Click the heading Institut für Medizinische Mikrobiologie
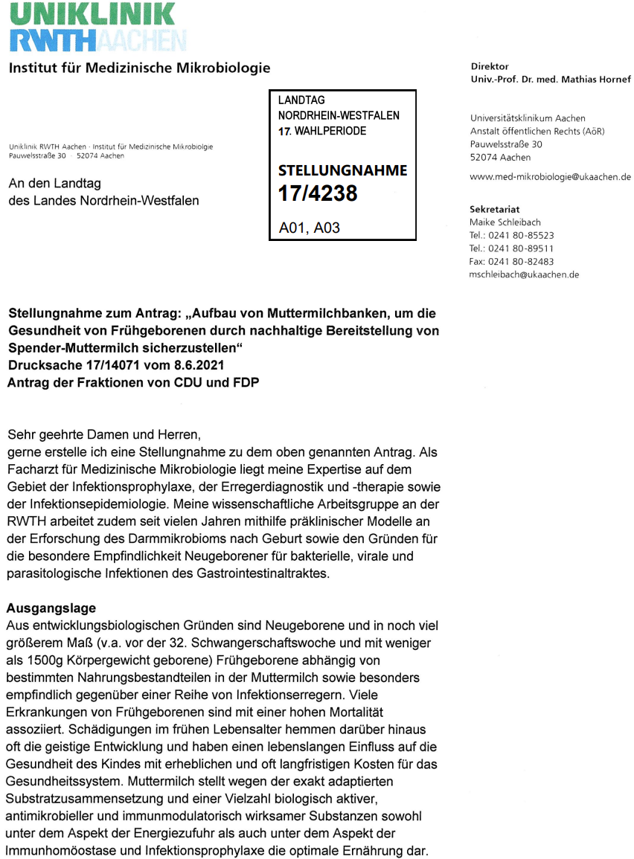(139, 68)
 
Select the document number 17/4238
(318, 193)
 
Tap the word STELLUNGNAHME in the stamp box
(342, 170)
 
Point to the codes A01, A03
(309, 228)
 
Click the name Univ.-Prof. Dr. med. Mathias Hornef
(551, 80)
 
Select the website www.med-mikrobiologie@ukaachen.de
(551, 177)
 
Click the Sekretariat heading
(495, 210)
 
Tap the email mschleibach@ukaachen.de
(524, 274)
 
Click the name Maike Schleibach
(505, 222)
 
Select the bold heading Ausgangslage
(51, 608)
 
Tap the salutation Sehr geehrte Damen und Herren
(105, 434)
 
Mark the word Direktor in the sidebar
(490, 67)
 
